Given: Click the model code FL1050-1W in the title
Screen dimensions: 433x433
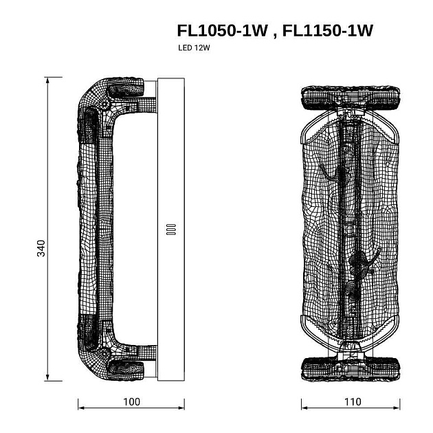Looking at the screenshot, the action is click(x=222, y=30).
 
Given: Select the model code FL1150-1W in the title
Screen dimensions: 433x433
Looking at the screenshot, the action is click(x=328, y=30).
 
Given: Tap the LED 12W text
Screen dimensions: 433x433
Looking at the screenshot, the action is click(x=194, y=48).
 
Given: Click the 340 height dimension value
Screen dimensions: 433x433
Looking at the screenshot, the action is click(x=41, y=248).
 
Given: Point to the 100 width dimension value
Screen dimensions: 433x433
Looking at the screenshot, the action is click(x=131, y=402).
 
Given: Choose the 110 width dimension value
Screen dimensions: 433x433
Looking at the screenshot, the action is click(x=353, y=402).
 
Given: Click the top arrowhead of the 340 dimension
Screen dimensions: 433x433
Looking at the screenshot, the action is click(x=47, y=80).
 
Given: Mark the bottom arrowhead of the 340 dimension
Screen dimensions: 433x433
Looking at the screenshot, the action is click(x=47, y=377).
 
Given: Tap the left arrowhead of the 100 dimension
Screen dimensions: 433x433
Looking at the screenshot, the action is click(x=81, y=408).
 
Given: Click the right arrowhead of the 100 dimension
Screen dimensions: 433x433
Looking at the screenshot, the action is click(x=181, y=408).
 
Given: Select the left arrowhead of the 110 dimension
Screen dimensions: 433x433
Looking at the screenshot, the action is click(x=304, y=408).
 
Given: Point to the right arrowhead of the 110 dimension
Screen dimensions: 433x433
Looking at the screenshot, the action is click(x=397, y=408).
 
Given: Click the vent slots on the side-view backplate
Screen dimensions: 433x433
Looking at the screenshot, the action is click(x=171, y=229).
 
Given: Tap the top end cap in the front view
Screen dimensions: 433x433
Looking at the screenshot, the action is click(x=351, y=98).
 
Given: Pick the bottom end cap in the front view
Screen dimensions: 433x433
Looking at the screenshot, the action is click(x=351, y=369).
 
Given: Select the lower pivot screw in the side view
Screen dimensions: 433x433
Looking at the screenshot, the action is click(x=104, y=353).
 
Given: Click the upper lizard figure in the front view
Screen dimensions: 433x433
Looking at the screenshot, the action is click(x=337, y=176).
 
